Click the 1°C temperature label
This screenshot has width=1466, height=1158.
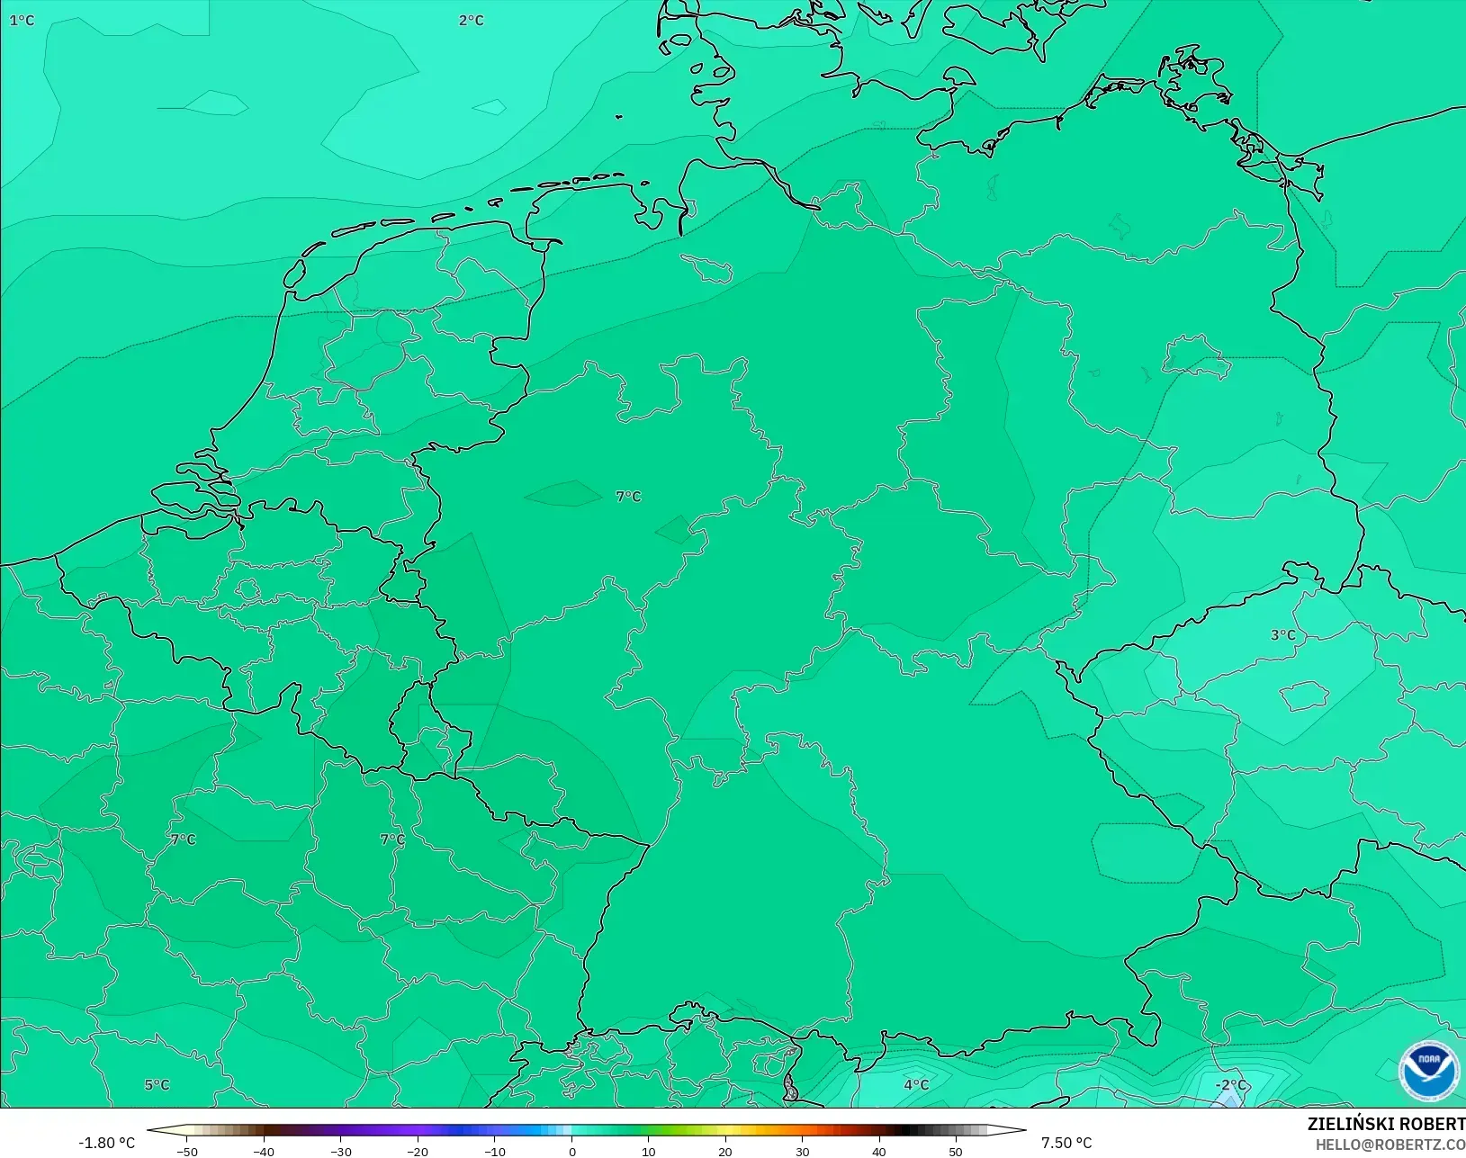[22, 20]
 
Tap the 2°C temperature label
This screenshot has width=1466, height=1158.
[471, 20]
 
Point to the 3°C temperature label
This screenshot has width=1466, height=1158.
[1282, 635]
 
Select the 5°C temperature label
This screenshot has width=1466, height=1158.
[157, 1085]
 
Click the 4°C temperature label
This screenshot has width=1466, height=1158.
[916, 1085]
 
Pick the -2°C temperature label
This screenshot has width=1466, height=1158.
[1230, 1085]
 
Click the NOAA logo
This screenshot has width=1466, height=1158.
[1428, 1070]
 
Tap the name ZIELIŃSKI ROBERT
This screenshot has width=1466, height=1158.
[1386, 1125]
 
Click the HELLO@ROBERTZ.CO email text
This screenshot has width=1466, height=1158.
[1390, 1145]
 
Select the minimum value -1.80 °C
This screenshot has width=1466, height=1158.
[106, 1143]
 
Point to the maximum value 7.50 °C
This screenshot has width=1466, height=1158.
[1066, 1143]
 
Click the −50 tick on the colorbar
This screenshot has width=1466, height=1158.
[187, 1151]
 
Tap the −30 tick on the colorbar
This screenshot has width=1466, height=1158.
[341, 1151]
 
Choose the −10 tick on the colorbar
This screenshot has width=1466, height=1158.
[495, 1151]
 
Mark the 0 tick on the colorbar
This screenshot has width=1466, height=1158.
[571, 1151]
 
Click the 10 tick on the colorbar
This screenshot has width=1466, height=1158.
[648, 1151]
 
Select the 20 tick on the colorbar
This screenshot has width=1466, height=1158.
[725, 1151]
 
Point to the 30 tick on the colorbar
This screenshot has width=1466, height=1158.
[802, 1151]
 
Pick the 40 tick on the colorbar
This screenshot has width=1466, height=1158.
[878, 1151]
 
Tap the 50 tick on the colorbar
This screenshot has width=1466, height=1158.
[956, 1151]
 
